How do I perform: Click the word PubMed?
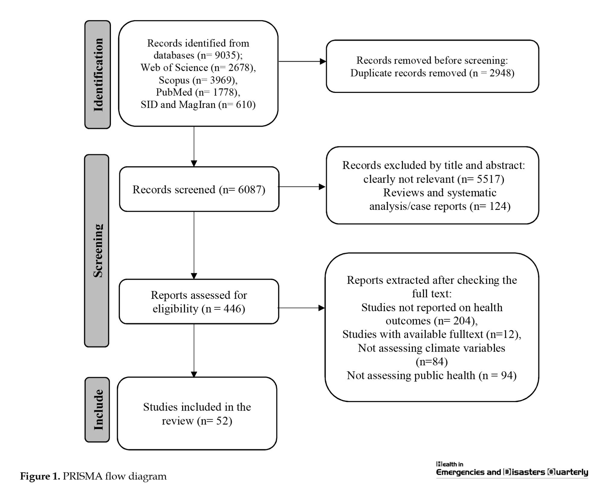pos(174,92)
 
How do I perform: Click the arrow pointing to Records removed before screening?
pos(302,62)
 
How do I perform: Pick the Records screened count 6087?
pos(250,189)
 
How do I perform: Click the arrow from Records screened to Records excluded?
pos(301,187)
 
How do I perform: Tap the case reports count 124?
pos(498,206)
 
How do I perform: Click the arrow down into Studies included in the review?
pos(194,351)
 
